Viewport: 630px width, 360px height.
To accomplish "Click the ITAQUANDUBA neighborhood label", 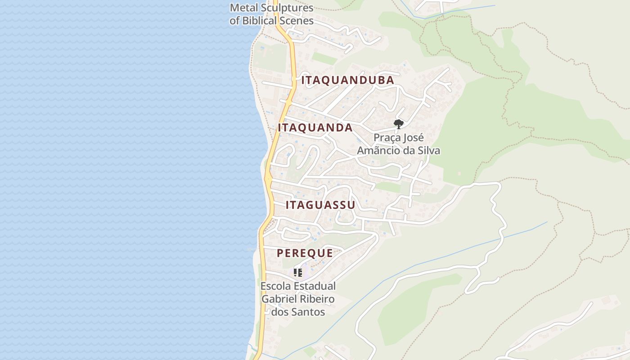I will pos(347,80).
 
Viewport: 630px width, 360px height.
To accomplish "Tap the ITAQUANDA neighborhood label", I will pos(315,128).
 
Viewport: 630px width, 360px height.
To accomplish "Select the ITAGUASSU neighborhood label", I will pos(320,205).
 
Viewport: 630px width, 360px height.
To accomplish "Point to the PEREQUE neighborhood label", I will pos(305,253).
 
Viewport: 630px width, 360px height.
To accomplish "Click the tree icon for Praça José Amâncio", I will pos(398,124).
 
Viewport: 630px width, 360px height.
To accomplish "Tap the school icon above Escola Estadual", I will pos(297,272).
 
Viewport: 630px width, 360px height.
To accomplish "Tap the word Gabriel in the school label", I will pos(278,299).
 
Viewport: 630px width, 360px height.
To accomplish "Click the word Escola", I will pos(275,286).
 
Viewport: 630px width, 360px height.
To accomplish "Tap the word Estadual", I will pos(315,286).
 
